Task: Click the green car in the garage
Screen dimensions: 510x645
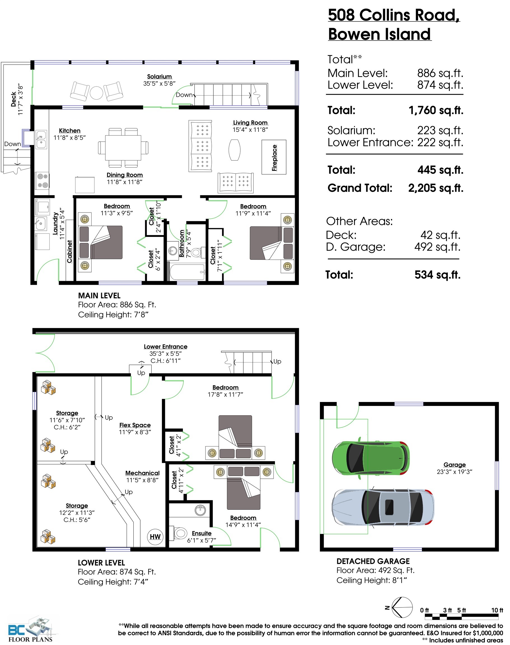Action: click(371, 458)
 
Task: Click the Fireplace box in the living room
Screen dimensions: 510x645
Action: click(274, 157)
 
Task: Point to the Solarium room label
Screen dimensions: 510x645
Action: click(159, 76)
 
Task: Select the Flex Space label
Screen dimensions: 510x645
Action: click(135, 425)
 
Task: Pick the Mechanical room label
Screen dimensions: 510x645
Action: click(143, 473)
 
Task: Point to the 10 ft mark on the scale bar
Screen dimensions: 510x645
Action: click(497, 610)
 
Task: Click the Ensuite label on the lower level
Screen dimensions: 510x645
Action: click(202, 533)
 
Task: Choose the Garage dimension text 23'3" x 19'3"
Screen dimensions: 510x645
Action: click(455, 472)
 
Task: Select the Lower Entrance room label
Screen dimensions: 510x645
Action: click(166, 346)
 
